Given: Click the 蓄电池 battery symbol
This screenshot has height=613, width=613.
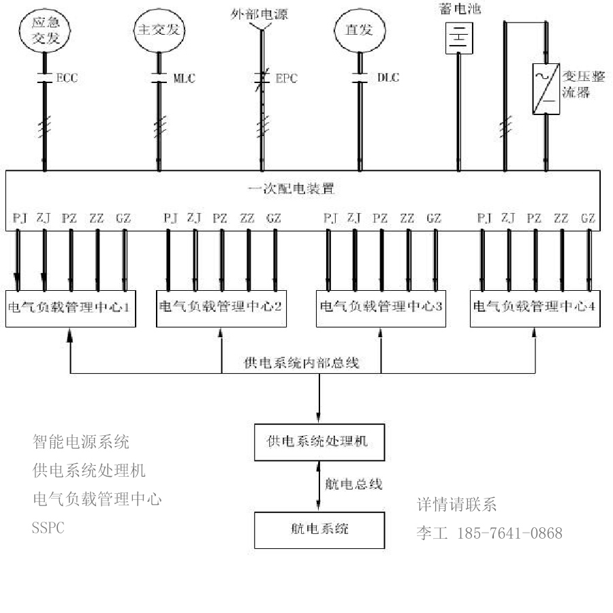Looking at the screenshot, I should (458, 38).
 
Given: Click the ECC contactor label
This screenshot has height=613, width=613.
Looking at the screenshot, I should (67, 78).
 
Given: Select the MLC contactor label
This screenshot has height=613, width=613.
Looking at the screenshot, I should (184, 78).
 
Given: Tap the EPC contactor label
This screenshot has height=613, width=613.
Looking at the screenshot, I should (285, 78).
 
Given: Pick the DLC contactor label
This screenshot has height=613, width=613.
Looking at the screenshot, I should (382, 78).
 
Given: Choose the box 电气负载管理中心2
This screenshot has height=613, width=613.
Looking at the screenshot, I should (221, 307).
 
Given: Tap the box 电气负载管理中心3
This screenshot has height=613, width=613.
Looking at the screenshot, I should (381, 307).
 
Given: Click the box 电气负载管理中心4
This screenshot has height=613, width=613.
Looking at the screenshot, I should (534, 307).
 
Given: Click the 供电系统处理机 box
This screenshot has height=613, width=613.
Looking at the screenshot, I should (317, 441).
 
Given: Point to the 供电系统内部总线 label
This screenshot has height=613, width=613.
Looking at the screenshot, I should (301, 362).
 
